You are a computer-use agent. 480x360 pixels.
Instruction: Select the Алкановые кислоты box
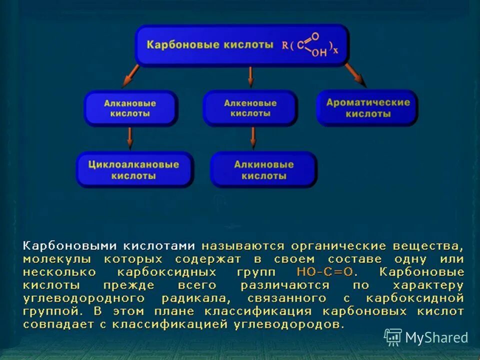[x=130, y=108]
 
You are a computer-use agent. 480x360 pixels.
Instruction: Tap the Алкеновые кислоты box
[x=250, y=108]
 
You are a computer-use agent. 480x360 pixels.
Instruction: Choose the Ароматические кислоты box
[x=367, y=108]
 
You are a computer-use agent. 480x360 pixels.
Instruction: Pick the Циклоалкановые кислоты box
[x=134, y=170]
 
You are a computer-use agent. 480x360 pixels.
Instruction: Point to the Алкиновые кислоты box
[x=263, y=170]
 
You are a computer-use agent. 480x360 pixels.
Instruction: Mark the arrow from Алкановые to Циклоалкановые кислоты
[x=130, y=138]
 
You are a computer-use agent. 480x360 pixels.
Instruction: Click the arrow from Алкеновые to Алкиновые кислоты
[x=253, y=138]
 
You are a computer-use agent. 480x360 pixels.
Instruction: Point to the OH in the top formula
[x=319, y=52]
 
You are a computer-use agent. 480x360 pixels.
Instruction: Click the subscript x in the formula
[x=335, y=50]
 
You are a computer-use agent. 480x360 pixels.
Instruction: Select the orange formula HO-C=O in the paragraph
[x=324, y=272]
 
